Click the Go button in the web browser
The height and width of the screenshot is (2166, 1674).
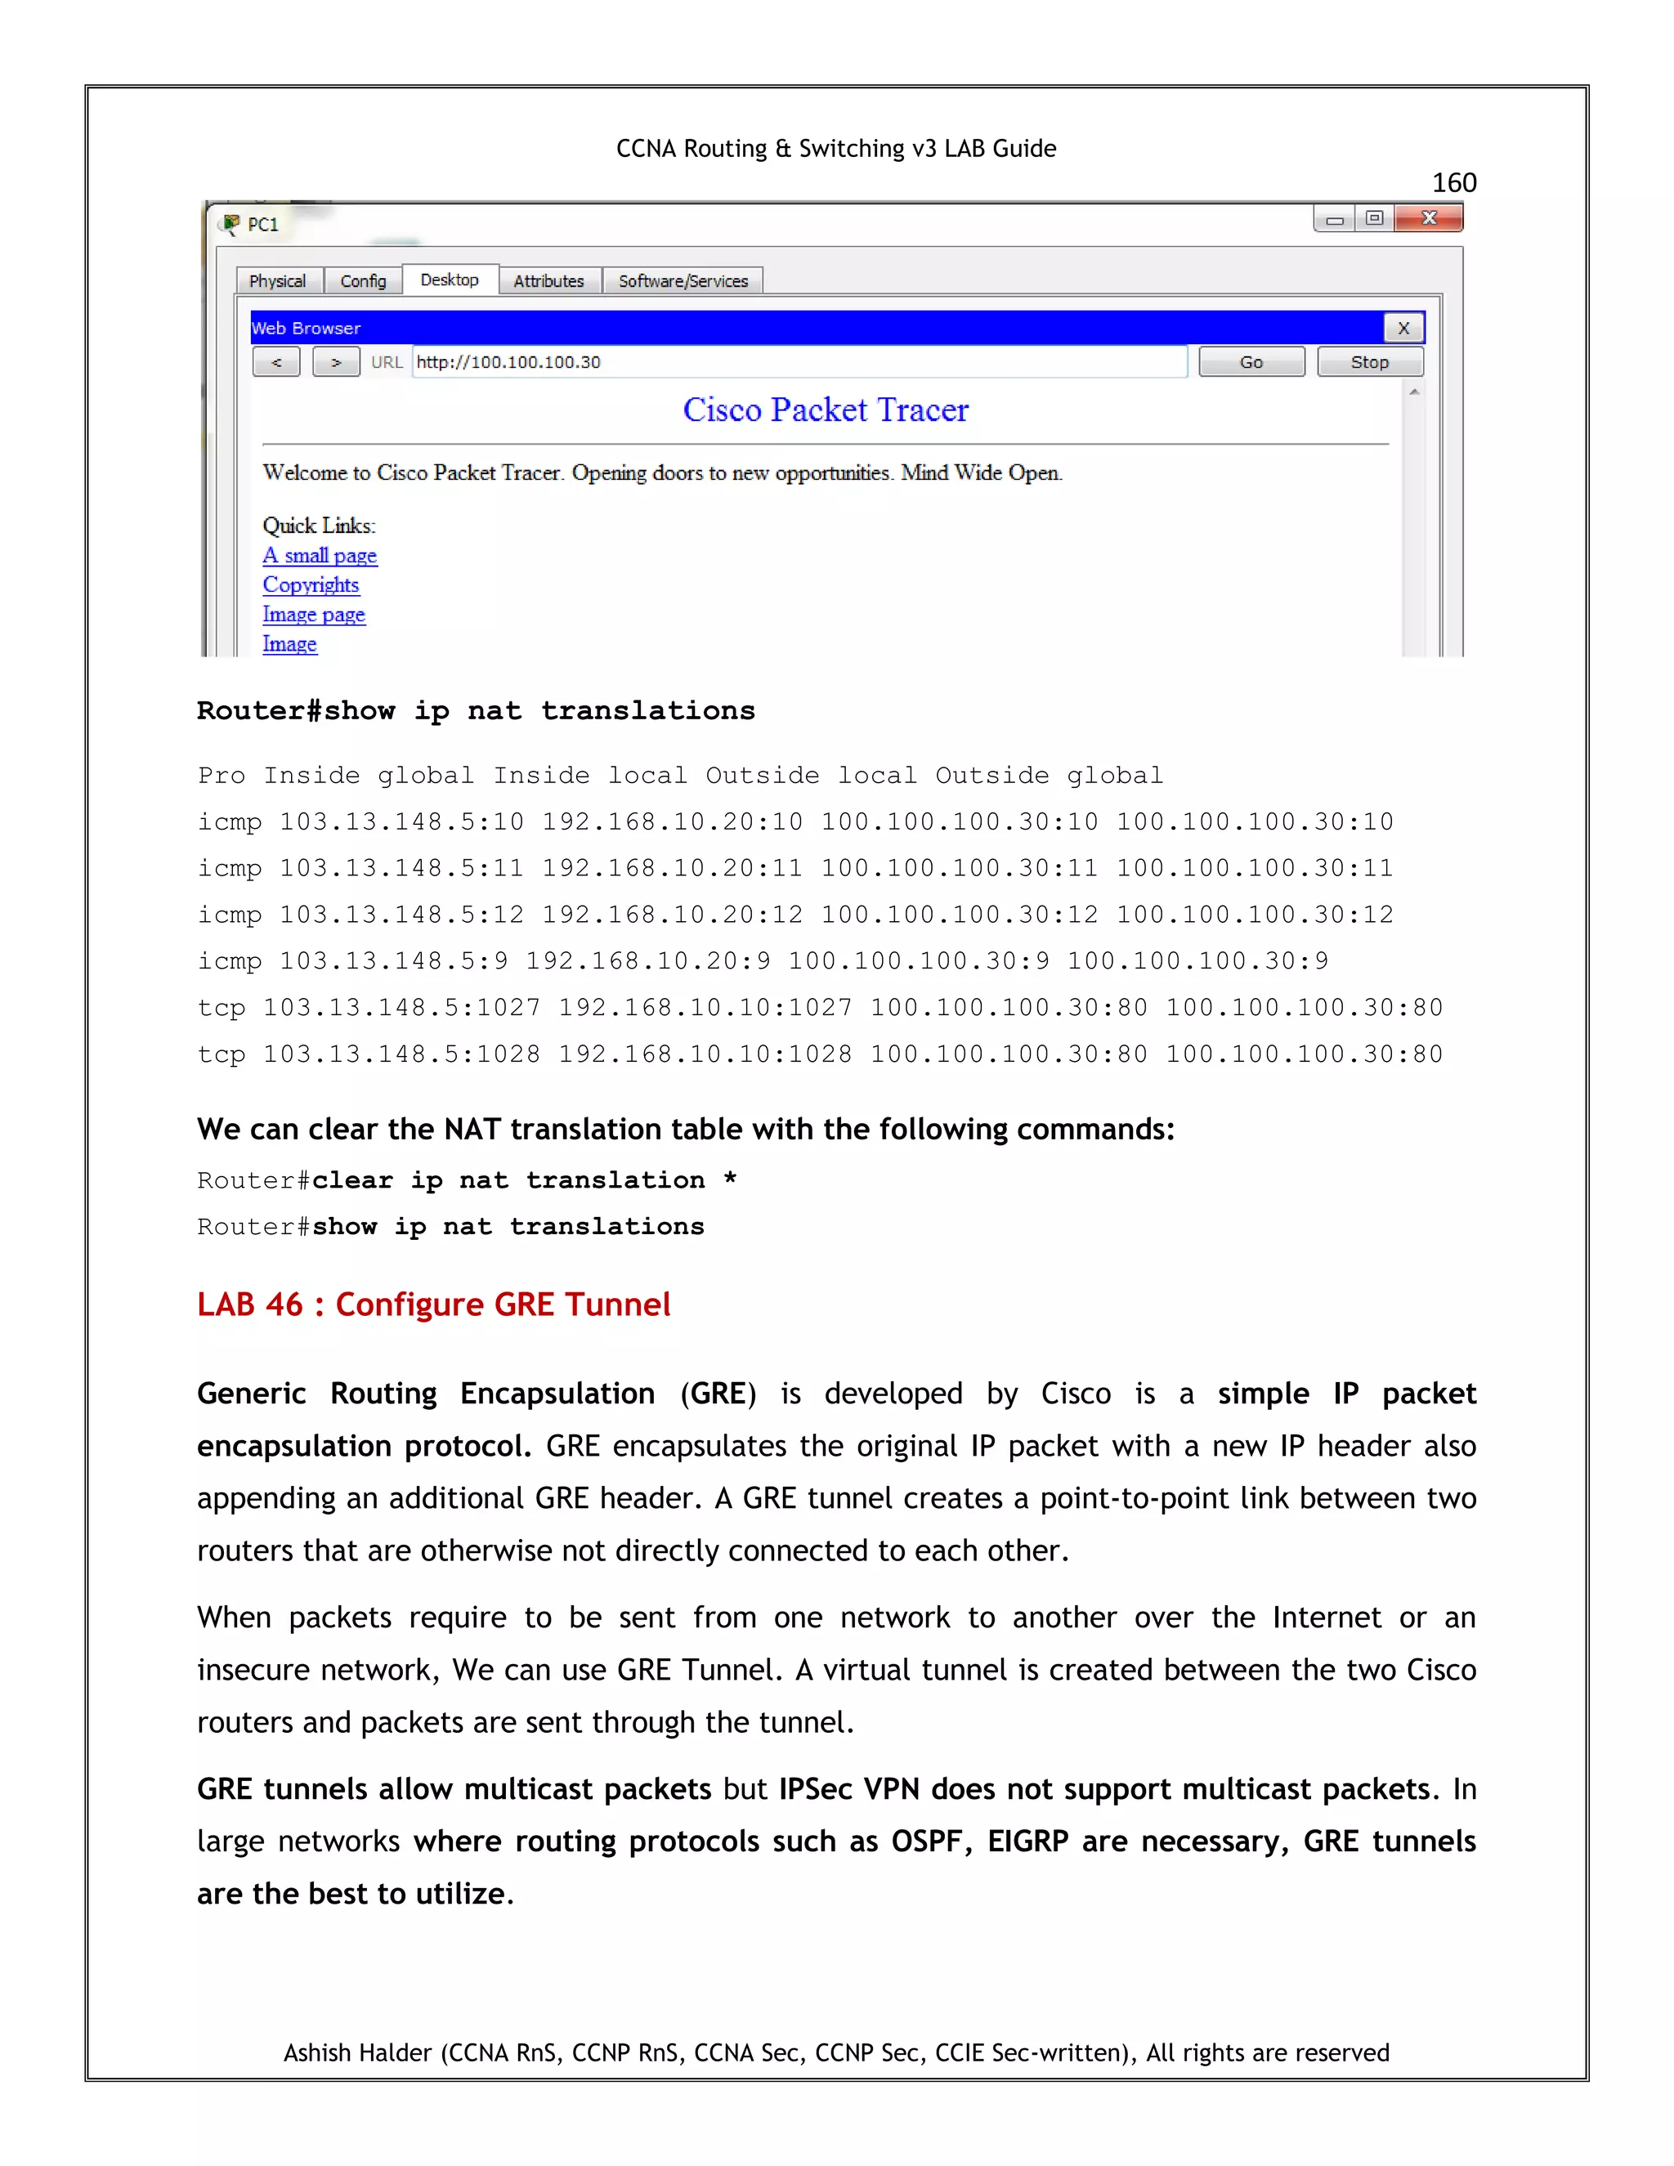tap(1251, 362)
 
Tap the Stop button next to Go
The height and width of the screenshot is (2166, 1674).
tap(1370, 362)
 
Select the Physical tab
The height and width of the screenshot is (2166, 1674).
tap(278, 280)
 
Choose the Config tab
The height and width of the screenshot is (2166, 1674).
tap(363, 280)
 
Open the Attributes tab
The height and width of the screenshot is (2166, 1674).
tap(548, 280)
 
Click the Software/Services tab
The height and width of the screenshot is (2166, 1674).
tap(683, 280)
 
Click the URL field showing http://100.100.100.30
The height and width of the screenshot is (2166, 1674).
tap(799, 362)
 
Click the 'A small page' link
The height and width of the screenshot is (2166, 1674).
tap(320, 555)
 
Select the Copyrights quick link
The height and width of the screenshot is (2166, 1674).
tap(311, 585)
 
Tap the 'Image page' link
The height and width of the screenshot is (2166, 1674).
tap(313, 615)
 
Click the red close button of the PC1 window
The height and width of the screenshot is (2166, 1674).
tap(1428, 218)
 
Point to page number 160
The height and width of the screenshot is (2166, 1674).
tap(1454, 182)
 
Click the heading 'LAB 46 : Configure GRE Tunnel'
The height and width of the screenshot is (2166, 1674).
tap(433, 1305)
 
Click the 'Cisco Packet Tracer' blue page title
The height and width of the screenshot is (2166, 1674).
tap(825, 409)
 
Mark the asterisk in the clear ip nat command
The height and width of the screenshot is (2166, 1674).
tap(730, 1179)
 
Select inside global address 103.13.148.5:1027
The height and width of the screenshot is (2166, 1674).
tap(401, 1008)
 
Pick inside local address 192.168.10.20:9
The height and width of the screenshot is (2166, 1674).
tap(647, 961)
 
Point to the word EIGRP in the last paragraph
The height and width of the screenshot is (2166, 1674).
tap(1027, 1842)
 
